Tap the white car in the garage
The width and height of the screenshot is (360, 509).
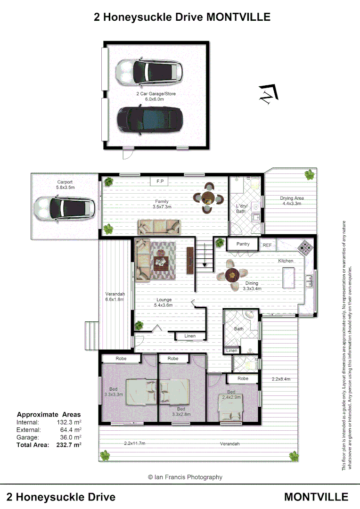[x=149, y=72]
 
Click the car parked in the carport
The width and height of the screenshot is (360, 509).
[x=65, y=206]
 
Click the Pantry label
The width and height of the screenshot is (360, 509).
[x=243, y=244]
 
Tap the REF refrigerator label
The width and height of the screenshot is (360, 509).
[x=267, y=245]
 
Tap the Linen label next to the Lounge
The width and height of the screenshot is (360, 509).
[x=189, y=336]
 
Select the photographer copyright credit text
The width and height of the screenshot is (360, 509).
[x=185, y=477]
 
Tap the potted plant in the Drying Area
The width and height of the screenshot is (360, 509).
[x=310, y=175]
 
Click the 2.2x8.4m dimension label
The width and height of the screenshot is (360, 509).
[x=281, y=378]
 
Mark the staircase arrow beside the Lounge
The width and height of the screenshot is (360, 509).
[x=204, y=264]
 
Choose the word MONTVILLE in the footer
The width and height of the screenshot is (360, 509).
[x=316, y=497]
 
